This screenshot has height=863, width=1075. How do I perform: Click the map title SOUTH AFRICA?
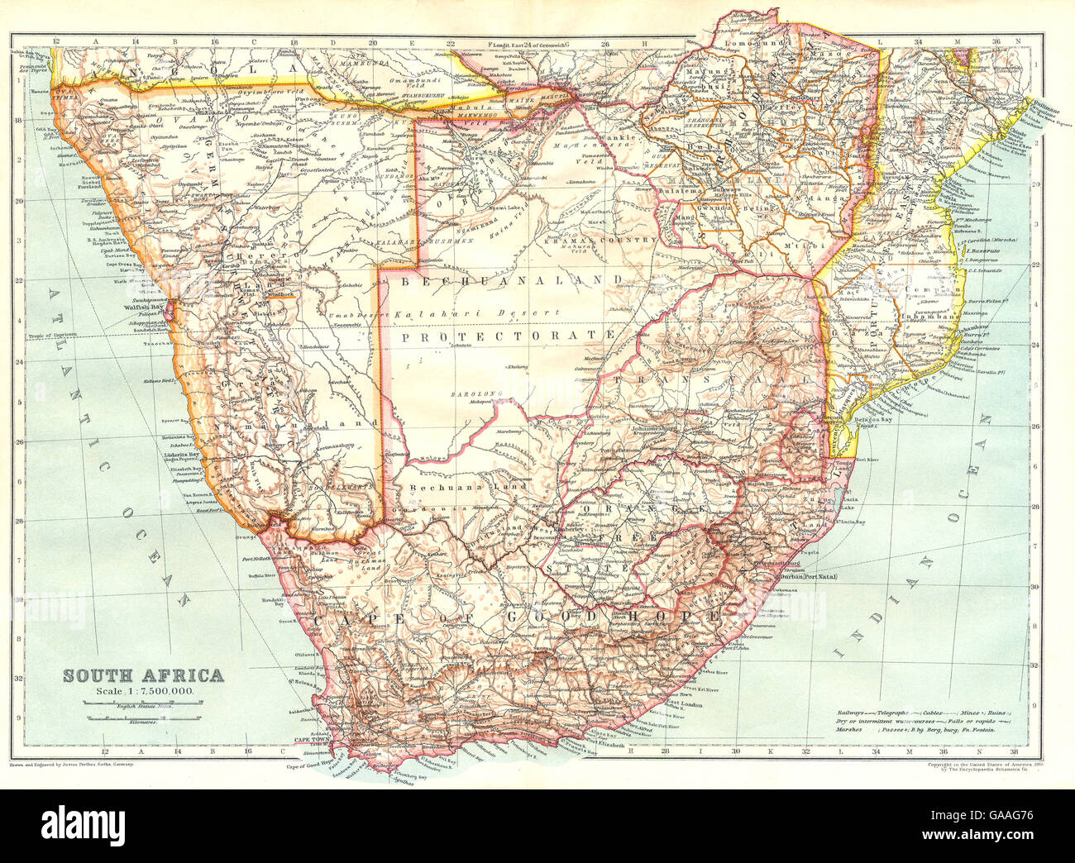144,675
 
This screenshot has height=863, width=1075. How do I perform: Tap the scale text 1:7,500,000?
158,689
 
